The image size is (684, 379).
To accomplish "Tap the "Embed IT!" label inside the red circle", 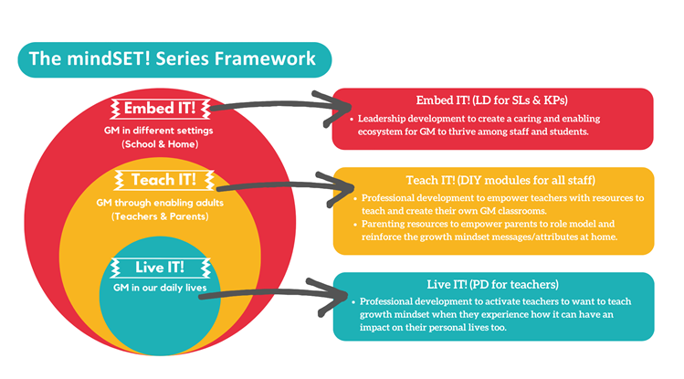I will pyautogui.click(x=159, y=109).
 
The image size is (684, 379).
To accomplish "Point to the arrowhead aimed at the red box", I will pyautogui.click(x=325, y=100).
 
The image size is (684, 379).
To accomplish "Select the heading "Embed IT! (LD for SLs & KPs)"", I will pyautogui.click(x=492, y=100).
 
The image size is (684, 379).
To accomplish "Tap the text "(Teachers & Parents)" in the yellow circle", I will pyautogui.click(x=159, y=216).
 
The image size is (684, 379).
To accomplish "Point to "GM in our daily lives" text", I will pyautogui.click(x=159, y=288).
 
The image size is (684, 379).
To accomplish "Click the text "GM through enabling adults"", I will pyautogui.click(x=159, y=202).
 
